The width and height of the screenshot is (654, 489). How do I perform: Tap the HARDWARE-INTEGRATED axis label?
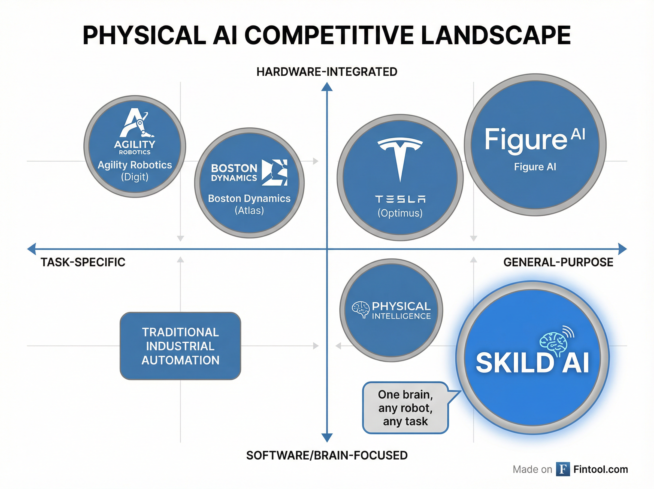click(x=326, y=72)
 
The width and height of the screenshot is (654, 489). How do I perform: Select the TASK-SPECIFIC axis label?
click(x=83, y=262)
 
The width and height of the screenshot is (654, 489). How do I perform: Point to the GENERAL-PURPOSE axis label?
click(x=558, y=262)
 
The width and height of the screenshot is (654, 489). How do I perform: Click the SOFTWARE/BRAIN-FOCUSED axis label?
click(x=326, y=455)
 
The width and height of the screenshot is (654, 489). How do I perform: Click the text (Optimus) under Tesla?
click(x=400, y=213)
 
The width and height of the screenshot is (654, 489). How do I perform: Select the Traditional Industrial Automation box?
click(x=180, y=346)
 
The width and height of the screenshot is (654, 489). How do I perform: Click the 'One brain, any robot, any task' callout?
click(x=405, y=408)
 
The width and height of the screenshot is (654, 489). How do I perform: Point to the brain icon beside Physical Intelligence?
click(x=361, y=310)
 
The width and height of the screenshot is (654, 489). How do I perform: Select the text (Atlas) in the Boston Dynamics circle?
click(x=249, y=210)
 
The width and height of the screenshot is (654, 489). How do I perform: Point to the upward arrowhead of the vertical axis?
click(x=327, y=87)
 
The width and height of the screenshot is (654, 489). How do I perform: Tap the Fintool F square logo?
click(x=563, y=469)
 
